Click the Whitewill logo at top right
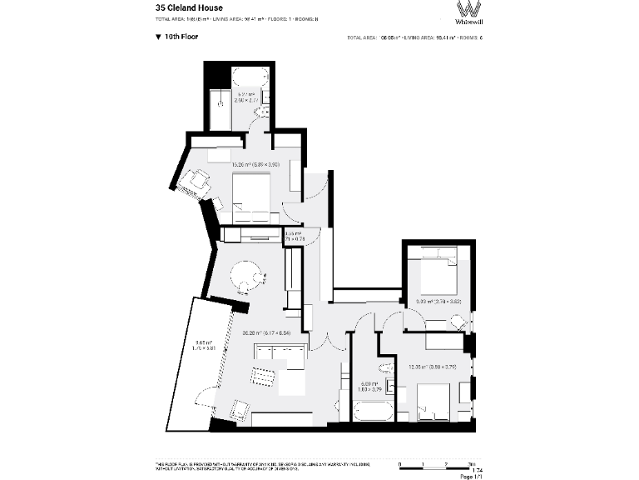(x=468, y=14)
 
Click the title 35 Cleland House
(x=189, y=7)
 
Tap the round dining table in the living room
(x=247, y=276)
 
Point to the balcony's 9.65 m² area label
(x=204, y=344)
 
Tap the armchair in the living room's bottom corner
(x=239, y=410)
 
